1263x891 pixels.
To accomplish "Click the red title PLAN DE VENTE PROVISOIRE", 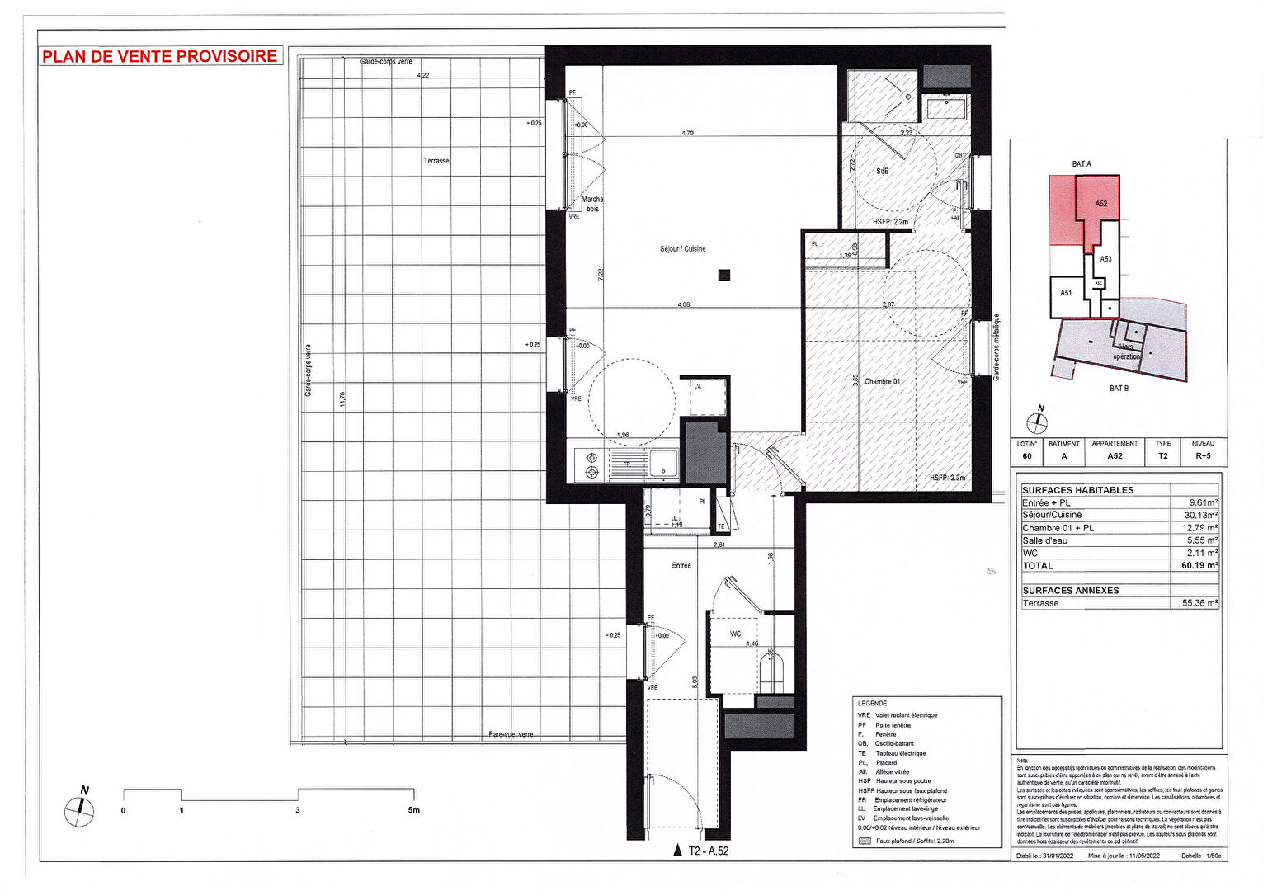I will [x=160, y=57].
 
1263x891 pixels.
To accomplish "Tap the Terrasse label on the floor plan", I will [x=436, y=161].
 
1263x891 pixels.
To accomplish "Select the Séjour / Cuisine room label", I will [x=682, y=249].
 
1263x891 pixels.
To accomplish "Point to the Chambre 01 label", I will [x=882, y=382].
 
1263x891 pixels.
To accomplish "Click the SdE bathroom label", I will [x=882, y=172].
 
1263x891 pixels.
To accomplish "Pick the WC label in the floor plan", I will [x=735, y=634].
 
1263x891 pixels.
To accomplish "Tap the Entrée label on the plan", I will [x=681, y=566].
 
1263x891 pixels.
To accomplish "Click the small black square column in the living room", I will [x=723, y=276].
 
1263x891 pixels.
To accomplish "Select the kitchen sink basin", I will [x=663, y=464].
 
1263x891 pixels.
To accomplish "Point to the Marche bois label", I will [x=592, y=204].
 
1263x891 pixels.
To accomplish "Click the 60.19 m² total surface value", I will [x=1199, y=566].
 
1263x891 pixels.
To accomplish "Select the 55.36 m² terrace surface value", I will [x=1199, y=604].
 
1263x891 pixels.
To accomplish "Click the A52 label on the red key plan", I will [x=1100, y=204].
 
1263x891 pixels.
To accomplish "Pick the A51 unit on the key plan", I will [x=1066, y=293].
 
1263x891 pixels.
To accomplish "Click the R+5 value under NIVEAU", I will [x=1203, y=456].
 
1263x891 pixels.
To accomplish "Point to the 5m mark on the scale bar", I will [x=413, y=810].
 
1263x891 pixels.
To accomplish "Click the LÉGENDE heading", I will [x=872, y=704].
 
